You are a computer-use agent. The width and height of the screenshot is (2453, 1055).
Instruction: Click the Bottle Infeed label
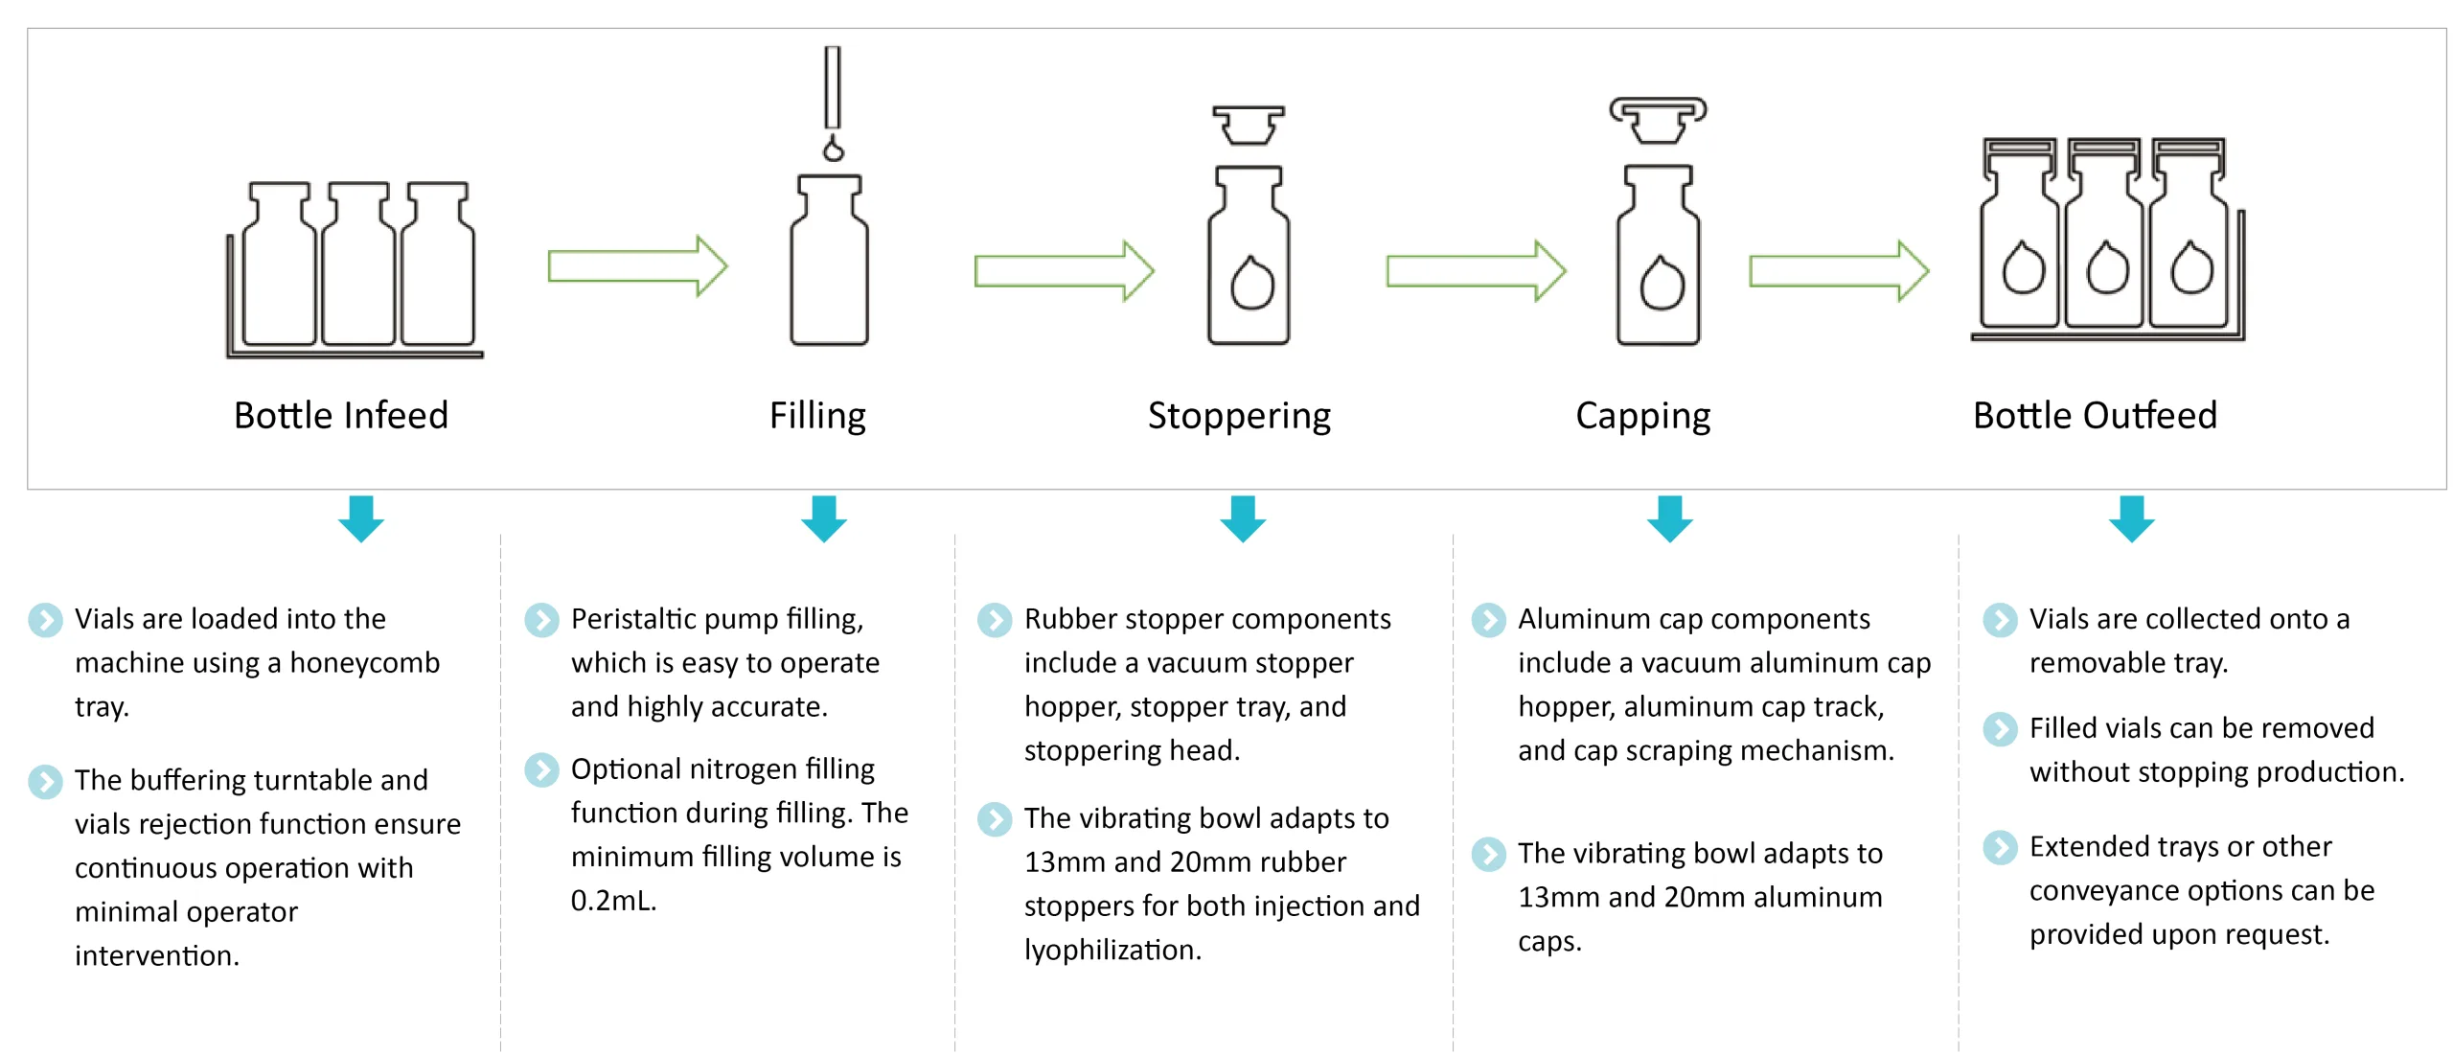(340, 416)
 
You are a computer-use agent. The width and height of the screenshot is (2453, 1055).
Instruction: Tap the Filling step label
(817, 416)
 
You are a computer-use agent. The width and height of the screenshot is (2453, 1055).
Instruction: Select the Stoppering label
(1239, 416)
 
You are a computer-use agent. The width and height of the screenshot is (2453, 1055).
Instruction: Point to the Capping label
(1642, 416)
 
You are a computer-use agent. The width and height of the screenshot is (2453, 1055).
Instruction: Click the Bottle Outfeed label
(2095, 416)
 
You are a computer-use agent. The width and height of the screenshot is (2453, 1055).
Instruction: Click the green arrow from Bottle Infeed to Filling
(637, 265)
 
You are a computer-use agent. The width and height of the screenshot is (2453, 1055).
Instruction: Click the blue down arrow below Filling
(824, 518)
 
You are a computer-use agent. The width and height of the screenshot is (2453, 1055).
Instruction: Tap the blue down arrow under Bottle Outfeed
(2131, 518)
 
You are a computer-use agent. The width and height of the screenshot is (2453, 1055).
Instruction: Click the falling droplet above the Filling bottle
(834, 149)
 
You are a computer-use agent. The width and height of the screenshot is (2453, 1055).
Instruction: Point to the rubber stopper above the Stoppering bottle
(1248, 126)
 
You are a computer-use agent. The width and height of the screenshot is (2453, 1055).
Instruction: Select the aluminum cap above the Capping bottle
(1658, 119)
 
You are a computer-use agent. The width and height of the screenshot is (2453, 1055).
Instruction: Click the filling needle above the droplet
(833, 86)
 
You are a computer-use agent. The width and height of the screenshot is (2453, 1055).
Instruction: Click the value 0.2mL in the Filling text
(613, 901)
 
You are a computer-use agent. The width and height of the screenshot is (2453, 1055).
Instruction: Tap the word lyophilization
(1112, 950)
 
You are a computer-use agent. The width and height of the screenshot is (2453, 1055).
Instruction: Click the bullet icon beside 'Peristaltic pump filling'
(541, 620)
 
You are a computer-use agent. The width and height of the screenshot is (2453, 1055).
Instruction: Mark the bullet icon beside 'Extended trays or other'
(2000, 847)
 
